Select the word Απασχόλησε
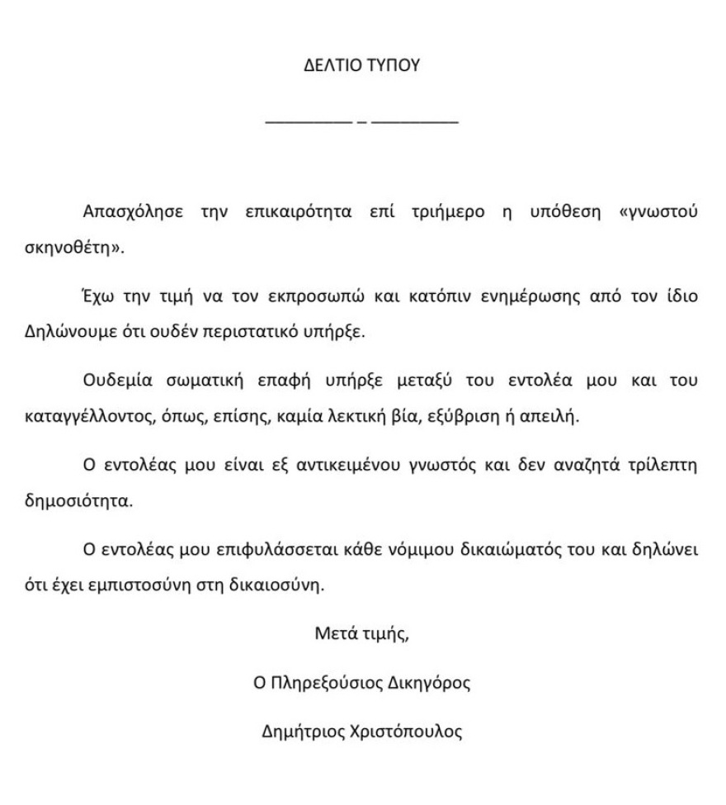pyautogui.click(x=132, y=211)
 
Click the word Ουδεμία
pyautogui.click(x=118, y=381)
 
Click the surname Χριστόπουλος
pyautogui.click(x=404, y=732)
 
